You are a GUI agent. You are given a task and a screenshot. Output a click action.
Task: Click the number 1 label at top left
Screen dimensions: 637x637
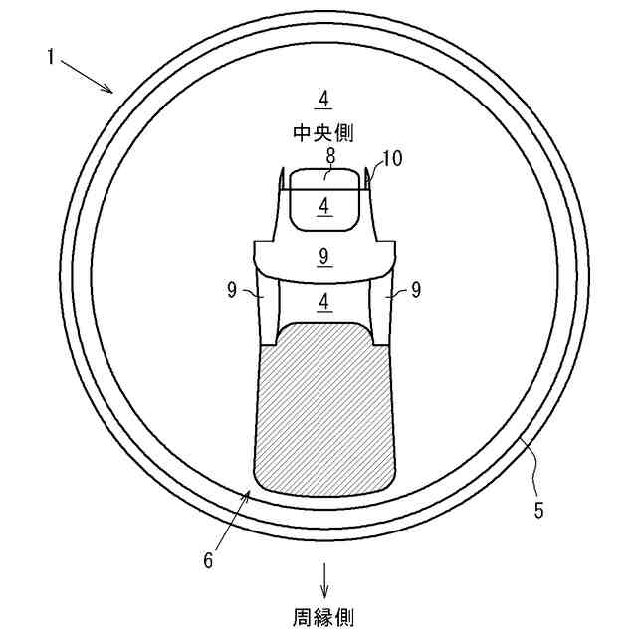click(x=49, y=57)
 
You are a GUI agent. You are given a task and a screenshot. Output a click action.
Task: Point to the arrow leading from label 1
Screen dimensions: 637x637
click(x=89, y=76)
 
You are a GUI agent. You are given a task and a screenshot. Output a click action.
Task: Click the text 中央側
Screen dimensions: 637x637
click(x=322, y=131)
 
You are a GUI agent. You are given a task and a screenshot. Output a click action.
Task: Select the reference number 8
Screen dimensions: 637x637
click(x=330, y=155)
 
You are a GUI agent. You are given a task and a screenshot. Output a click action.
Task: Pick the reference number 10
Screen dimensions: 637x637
click(x=392, y=158)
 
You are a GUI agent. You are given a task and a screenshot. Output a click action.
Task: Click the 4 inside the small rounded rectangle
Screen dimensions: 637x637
click(x=322, y=205)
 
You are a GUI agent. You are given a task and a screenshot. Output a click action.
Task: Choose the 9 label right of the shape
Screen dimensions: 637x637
click(x=415, y=291)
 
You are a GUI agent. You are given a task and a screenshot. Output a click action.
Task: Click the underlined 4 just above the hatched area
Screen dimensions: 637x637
click(x=322, y=302)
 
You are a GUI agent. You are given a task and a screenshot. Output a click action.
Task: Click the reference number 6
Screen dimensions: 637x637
click(x=208, y=560)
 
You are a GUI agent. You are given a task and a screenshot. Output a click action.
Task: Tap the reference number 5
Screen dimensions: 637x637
click(x=538, y=511)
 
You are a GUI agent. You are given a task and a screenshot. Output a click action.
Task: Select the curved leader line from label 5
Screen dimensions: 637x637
click(x=531, y=460)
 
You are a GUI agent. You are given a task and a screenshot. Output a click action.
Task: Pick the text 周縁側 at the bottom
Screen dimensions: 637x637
click(x=322, y=617)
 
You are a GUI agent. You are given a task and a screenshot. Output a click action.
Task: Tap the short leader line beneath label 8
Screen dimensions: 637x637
click(x=328, y=171)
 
